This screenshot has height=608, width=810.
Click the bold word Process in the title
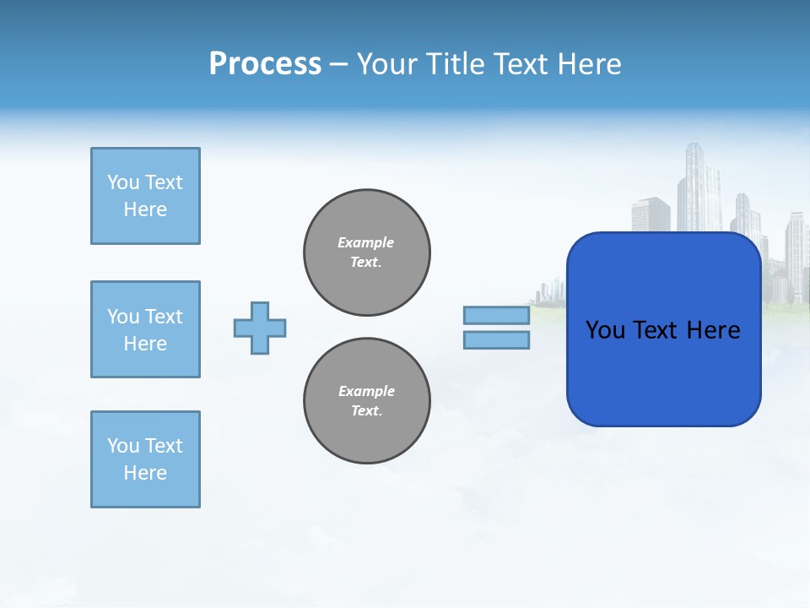click(265, 64)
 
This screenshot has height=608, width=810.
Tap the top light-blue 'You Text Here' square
click(145, 196)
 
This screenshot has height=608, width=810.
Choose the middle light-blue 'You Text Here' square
click(145, 329)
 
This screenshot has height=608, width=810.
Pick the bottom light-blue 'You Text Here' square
click(145, 459)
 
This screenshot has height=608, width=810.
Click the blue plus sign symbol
click(260, 328)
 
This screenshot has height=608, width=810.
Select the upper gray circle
click(366, 252)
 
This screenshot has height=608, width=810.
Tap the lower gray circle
click(366, 401)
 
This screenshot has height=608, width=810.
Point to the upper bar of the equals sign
click(496, 316)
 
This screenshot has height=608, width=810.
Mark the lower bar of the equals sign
click(496, 340)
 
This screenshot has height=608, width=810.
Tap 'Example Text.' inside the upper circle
click(366, 252)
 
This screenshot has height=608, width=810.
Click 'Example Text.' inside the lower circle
click(366, 401)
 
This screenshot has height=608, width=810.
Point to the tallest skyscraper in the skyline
click(699, 186)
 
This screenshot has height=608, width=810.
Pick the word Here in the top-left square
click(145, 209)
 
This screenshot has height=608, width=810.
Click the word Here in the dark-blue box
click(713, 330)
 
